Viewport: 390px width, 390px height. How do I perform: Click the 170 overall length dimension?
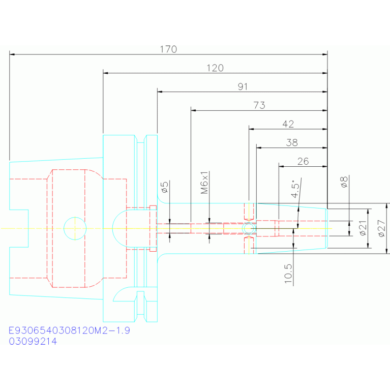168,49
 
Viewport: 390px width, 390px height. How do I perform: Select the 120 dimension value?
215,68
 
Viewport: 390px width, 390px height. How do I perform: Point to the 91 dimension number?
243,86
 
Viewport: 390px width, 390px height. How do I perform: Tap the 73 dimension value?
259,105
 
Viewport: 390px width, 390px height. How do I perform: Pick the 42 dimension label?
288,124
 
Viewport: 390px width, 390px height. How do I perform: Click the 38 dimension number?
292,142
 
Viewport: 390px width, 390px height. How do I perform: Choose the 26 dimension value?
303,161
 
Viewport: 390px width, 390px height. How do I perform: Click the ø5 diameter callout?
165,187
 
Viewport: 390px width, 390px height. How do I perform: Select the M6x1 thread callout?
204,183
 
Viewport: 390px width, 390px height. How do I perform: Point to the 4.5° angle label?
296,189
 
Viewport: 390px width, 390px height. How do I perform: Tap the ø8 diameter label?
344,182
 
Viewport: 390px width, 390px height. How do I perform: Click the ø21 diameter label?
363,228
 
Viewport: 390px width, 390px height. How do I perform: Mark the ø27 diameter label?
382,228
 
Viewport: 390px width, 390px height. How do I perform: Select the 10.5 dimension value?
288,274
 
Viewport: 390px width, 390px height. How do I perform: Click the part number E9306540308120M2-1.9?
69,331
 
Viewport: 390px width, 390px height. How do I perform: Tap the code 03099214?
33,341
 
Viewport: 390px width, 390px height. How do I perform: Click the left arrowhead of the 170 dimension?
12,54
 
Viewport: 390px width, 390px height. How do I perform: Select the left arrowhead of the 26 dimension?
281,166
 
